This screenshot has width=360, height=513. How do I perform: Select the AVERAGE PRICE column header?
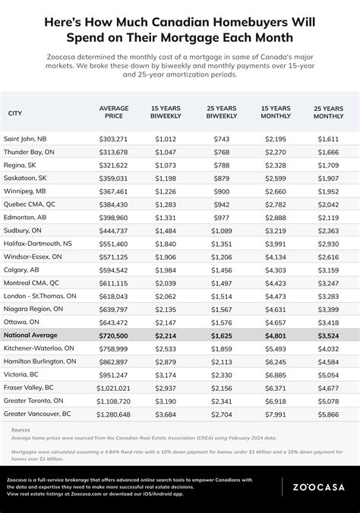point(114,113)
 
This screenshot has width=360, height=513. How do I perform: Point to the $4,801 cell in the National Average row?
point(276,335)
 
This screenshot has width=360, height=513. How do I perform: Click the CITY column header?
point(14,113)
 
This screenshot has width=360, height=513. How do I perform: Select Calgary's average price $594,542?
point(114,269)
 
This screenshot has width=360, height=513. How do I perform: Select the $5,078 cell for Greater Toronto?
point(328,400)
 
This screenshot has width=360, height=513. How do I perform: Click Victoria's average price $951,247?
point(114,374)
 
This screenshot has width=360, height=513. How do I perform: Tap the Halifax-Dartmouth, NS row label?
point(38,244)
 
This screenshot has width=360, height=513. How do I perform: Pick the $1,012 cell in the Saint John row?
point(166,139)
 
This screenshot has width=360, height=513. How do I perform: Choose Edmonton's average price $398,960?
point(114,217)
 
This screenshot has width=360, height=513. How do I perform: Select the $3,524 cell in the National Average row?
point(328,335)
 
